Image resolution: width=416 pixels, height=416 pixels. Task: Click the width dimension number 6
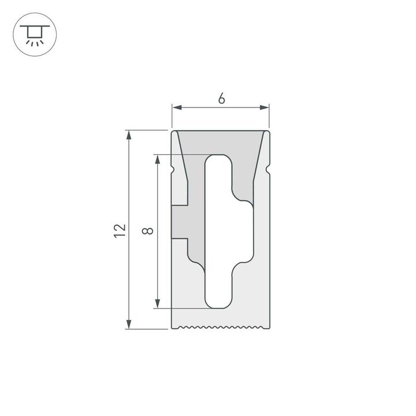221,98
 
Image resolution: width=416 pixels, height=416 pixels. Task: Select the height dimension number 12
120,230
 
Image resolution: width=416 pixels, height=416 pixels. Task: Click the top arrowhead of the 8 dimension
157,159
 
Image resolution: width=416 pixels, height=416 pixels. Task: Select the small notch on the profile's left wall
173,169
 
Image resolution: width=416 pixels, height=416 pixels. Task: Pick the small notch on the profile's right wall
269,169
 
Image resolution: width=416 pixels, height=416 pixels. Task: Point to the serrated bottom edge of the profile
221,328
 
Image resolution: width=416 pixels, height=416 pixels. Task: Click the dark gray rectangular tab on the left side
180,222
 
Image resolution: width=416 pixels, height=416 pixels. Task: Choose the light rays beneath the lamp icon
34,42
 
